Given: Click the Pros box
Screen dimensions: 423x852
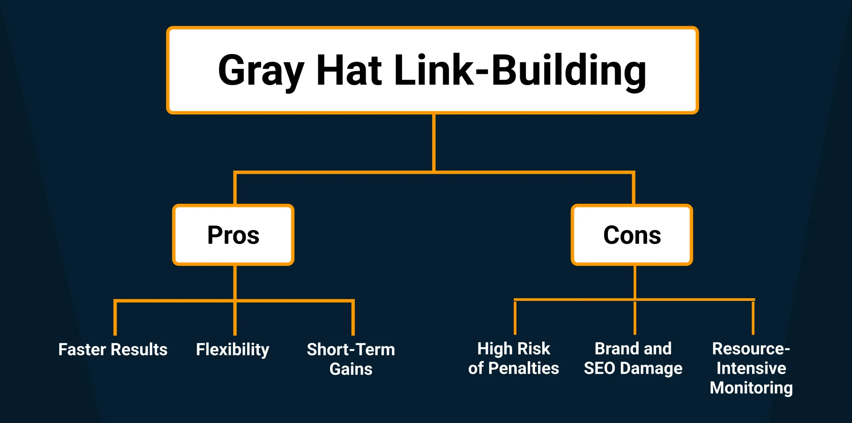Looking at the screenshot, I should pyautogui.click(x=233, y=235).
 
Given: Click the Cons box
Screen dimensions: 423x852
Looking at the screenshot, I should pyautogui.click(x=632, y=235).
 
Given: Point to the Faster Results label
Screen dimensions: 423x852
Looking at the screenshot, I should pyautogui.click(x=113, y=349).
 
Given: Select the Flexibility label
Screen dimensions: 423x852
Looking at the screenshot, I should pyautogui.click(x=233, y=349).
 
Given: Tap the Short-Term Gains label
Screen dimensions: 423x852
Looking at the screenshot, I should pyautogui.click(x=351, y=359).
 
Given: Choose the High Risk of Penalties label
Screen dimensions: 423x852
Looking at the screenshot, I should pyautogui.click(x=514, y=358).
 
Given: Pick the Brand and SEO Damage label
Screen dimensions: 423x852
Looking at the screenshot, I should pyautogui.click(x=633, y=358).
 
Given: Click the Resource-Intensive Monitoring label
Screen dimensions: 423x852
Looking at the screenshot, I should pyautogui.click(x=751, y=368).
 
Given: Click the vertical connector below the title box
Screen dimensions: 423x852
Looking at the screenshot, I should pyautogui.click(x=434, y=143).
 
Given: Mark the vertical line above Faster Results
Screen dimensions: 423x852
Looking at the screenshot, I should pyautogui.click(x=115, y=318).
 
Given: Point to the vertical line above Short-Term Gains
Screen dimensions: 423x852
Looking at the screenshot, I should pyautogui.click(x=353, y=318).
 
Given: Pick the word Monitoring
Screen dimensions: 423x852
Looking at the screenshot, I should pyautogui.click(x=751, y=388).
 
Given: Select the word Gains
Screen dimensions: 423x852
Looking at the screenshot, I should pyautogui.click(x=351, y=369).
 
